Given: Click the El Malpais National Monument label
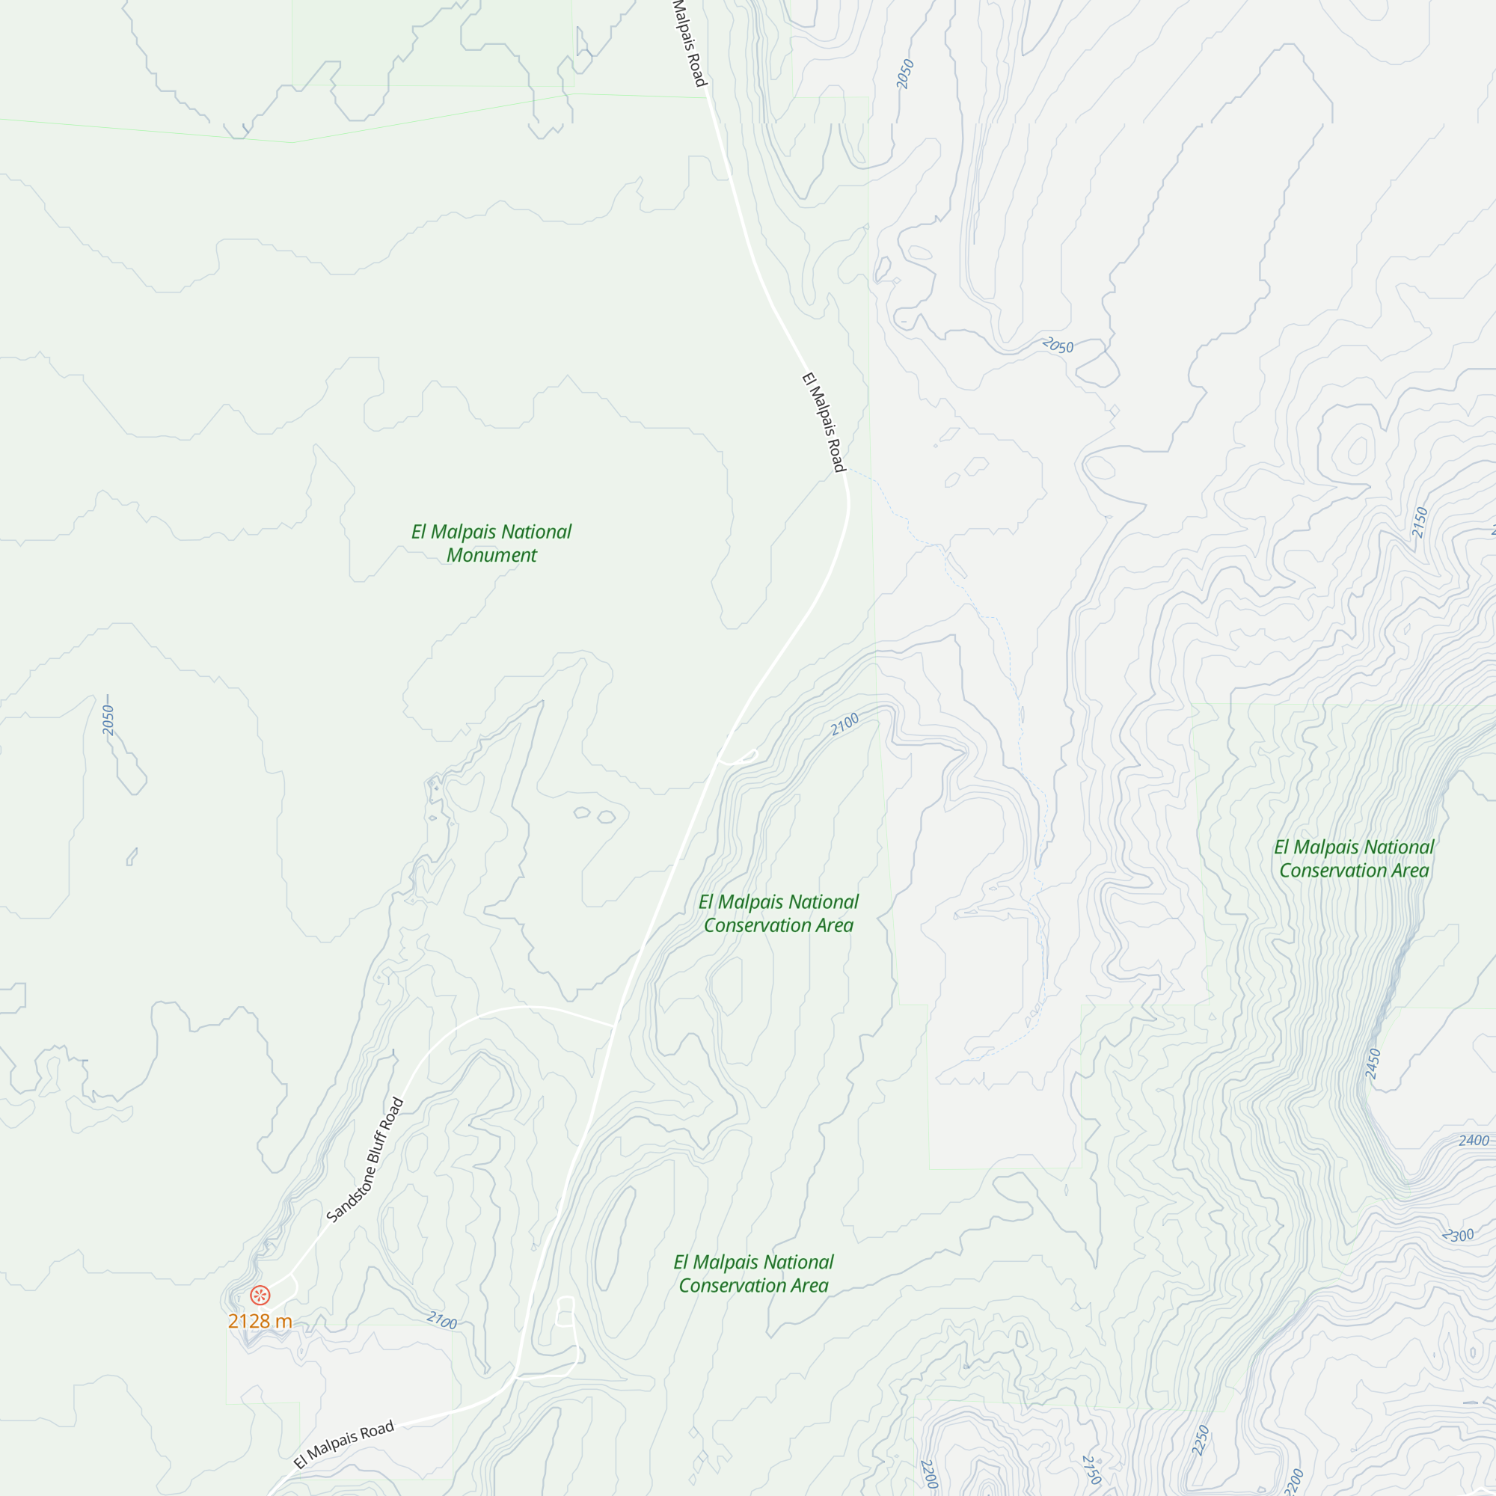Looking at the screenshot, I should click(491, 543).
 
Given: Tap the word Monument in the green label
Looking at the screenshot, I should click(491, 555).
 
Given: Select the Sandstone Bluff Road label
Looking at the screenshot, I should click(365, 1160).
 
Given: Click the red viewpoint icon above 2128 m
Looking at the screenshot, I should click(260, 1295).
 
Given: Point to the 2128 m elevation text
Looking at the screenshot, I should click(260, 1321).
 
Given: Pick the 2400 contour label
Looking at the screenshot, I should click(1474, 1140).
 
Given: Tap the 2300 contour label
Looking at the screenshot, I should click(1458, 1236).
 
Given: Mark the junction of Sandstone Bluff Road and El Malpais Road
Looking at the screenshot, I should click(615, 1027).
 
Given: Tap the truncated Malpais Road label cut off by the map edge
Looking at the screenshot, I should click(688, 43).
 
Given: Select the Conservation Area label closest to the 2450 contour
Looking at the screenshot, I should click(1354, 859).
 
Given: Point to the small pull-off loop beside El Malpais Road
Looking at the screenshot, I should click(738, 757).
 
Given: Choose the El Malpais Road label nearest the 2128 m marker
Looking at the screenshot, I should click(344, 1444).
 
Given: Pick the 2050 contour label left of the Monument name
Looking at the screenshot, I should click(108, 720).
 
